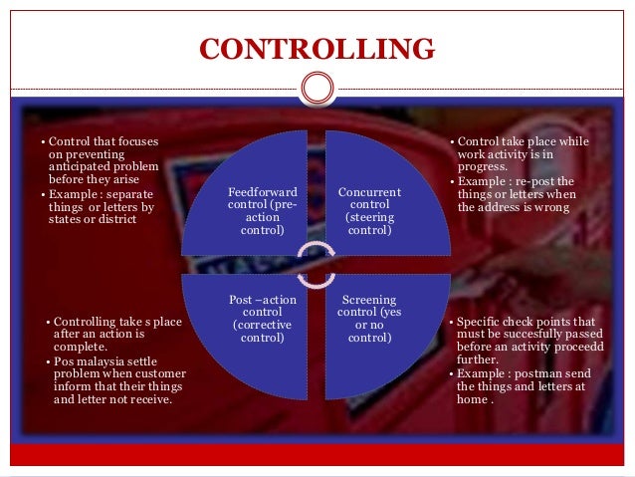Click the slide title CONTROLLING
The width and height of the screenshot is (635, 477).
[317, 49]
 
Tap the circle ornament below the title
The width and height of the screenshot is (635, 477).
[317, 88]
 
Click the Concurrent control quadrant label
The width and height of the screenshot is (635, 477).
[369, 210]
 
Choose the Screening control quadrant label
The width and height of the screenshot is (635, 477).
[369, 319]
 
